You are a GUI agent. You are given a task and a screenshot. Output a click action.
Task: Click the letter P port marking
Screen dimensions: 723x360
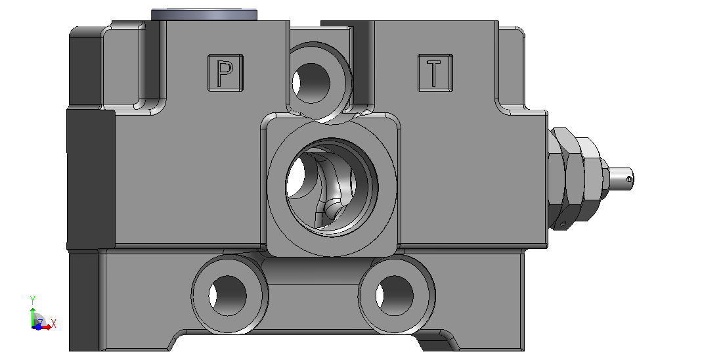pos(225,74)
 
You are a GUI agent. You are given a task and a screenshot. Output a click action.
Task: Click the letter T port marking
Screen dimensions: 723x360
pos(434,74)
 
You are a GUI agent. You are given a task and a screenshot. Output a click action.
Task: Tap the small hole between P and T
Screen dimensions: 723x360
pos(312,83)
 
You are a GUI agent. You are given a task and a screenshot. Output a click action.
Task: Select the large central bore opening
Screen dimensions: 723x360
pos(332,187)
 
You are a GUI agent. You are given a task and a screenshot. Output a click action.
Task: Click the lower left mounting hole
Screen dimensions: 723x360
pos(228,296)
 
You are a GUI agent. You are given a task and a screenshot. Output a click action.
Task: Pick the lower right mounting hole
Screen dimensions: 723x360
pos(395,296)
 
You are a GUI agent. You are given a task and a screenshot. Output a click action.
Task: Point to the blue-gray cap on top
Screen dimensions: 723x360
pos(204,14)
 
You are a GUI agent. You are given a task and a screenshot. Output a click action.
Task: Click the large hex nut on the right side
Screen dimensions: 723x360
pos(563,178)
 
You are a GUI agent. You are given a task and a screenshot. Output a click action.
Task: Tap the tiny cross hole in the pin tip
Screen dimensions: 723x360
pos(629,179)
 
